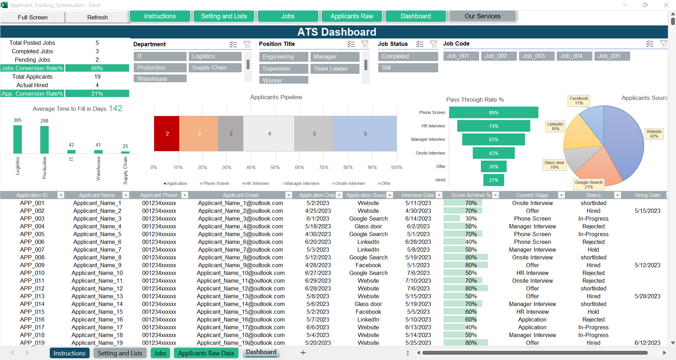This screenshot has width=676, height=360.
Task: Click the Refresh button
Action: pos(97,17)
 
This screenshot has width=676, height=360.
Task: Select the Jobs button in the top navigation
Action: pos(288,16)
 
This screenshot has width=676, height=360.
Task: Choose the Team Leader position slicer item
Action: pos(334,68)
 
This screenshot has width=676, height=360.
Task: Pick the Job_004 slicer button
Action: pos(571,56)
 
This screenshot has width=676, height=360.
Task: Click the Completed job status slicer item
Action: pos(408,56)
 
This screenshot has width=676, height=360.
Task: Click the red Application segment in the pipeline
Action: pos(167,134)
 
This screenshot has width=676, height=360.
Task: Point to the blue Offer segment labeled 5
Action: pos(365,134)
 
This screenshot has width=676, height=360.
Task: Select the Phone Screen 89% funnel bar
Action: pos(493,113)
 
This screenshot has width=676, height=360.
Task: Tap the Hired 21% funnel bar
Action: pos(493,180)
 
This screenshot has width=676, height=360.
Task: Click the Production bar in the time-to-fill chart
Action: pos(44,139)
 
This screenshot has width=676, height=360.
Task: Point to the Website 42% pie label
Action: pos(654,134)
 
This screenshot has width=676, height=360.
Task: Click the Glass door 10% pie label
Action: pos(554,165)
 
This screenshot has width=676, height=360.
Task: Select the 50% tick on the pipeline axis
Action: pos(275,168)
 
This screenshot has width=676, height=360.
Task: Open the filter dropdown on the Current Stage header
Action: pos(561,195)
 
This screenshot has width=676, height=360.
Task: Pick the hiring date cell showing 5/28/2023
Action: pos(647,296)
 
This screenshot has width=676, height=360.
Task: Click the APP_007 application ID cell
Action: pos(32,250)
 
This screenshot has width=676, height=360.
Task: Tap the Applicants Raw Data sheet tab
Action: pos(206,353)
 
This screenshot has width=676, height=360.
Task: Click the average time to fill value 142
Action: pos(115,108)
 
